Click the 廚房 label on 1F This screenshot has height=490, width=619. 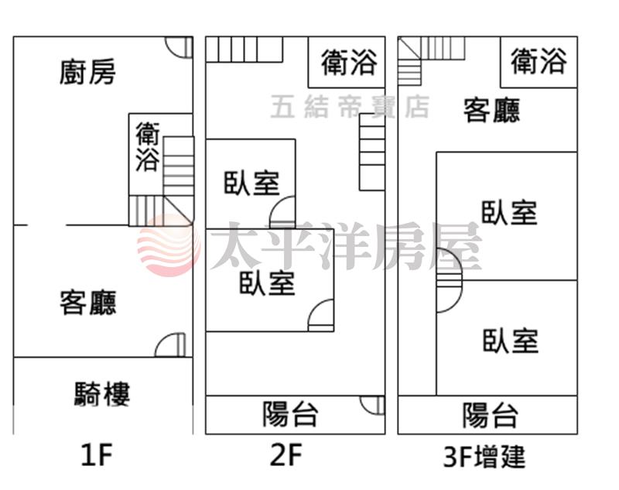point(87,72)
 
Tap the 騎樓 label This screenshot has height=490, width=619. point(102,394)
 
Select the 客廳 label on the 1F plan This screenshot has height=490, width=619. point(88,303)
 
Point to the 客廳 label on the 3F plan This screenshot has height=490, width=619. point(491,110)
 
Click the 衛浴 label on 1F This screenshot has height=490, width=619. point(147,146)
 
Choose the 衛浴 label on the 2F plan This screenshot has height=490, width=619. point(349,62)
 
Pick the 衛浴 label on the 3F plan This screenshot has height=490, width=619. point(539,61)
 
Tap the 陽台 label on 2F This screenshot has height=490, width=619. point(291,414)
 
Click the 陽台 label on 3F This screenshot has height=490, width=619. point(491,416)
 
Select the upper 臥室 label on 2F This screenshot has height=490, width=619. point(252,183)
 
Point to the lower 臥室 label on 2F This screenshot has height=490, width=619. point(267,283)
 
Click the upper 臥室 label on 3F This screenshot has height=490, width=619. point(509,213)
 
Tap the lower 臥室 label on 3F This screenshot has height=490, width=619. point(511,341)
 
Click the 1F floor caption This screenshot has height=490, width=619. point(97,454)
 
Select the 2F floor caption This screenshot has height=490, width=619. point(286,454)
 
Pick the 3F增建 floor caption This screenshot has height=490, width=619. point(484,457)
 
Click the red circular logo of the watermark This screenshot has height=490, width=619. point(169,245)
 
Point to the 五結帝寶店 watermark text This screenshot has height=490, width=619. point(351,107)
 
